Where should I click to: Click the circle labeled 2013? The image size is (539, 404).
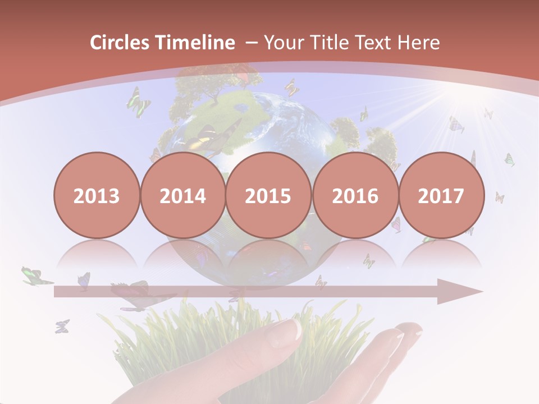click(x=97, y=195)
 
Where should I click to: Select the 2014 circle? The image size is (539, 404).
click(x=182, y=195)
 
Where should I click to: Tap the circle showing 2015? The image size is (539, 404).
click(x=268, y=195)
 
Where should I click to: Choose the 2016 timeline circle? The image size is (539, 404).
click(x=355, y=195)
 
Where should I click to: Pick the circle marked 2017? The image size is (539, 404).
click(x=441, y=195)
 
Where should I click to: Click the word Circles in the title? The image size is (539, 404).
click(x=120, y=43)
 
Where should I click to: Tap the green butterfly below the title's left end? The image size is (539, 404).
click(x=138, y=102)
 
